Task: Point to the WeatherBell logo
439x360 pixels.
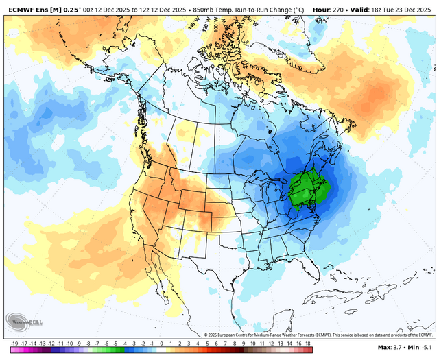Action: pos(23,321)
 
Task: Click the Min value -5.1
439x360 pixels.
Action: pos(427,348)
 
